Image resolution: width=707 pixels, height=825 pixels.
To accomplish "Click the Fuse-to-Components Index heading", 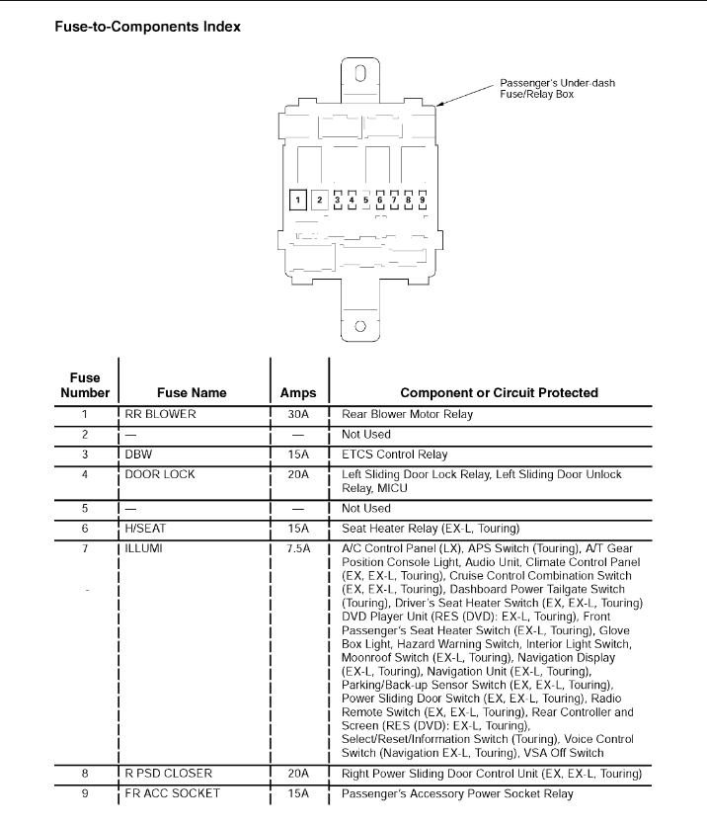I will (x=146, y=27).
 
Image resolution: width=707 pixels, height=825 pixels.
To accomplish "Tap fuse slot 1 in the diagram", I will (x=297, y=200).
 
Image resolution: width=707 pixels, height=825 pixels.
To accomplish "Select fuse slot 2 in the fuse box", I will (x=319, y=200).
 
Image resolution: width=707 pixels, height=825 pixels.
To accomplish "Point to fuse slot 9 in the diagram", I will (x=422, y=200).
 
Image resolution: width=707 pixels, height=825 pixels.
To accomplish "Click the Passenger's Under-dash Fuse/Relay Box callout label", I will (x=557, y=88).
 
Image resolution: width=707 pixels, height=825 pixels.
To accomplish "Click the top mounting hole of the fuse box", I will (x=360, y=72).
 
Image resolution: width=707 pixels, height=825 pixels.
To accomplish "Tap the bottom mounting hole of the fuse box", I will (x=360, y=326).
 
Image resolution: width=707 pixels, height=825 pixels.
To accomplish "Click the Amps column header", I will (x=298, y=392).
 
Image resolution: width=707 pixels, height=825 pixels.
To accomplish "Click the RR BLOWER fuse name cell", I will (x=160, y=414).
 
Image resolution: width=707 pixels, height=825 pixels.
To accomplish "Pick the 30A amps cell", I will (x=298, y=414).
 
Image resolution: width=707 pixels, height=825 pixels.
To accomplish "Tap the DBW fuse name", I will (x=138, y=454).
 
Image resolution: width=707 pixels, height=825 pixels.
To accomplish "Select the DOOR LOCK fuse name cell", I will (x=160, y=474).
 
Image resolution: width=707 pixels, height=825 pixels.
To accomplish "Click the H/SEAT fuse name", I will (x=146, y=529).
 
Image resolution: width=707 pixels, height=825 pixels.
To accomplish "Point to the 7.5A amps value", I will (x=298, y=547).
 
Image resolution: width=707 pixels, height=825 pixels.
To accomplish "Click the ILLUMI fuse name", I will (x=143, y=547).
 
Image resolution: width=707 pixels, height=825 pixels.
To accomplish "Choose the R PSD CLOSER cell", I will (x=169, y=773).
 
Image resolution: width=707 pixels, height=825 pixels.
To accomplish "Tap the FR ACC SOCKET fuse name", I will (x=172, y=793).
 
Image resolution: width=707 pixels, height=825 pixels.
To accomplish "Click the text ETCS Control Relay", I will (x=394, y=454).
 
